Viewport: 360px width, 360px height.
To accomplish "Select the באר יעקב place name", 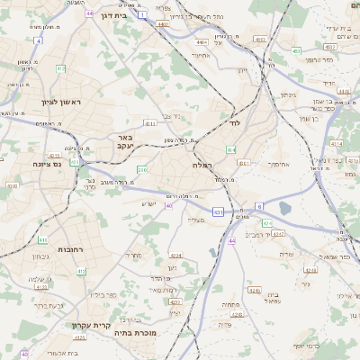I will coord(124,142).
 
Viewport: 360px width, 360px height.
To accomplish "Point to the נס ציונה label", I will coord(45,164).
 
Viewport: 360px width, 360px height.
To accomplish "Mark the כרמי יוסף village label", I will coord(305,346).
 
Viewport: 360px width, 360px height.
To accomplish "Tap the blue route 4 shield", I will coord(39,40).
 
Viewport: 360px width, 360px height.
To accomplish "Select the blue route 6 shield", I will coord(259,206).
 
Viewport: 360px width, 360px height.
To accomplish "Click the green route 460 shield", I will coord(296,51).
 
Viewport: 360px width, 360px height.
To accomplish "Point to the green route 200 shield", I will coord(141,169).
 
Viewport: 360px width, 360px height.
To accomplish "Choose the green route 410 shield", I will coord(42,240).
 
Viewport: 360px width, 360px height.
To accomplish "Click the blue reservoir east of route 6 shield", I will coord(285,208).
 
